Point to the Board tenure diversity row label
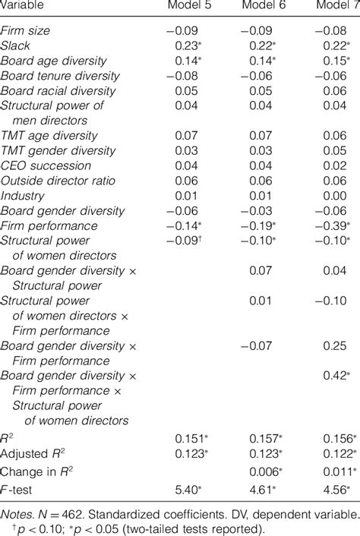(x=61, y=76)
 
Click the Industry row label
(x=24, y=195)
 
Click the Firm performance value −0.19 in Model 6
(x=261, y=225)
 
